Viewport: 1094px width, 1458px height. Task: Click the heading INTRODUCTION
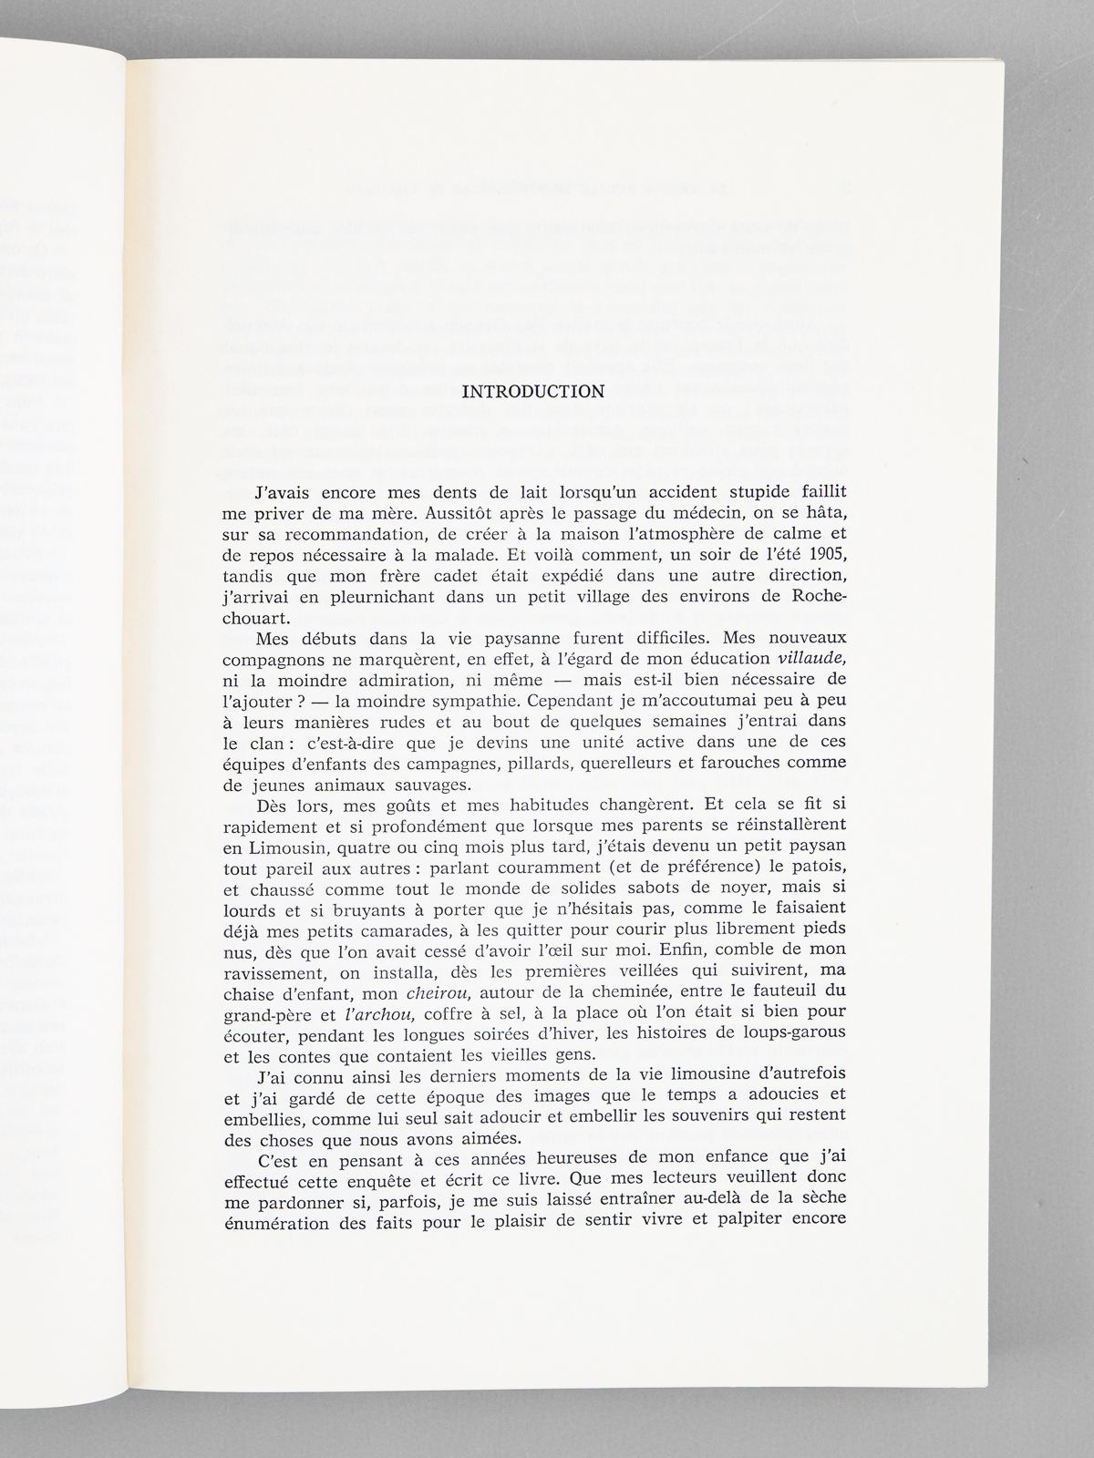click(533, 392)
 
